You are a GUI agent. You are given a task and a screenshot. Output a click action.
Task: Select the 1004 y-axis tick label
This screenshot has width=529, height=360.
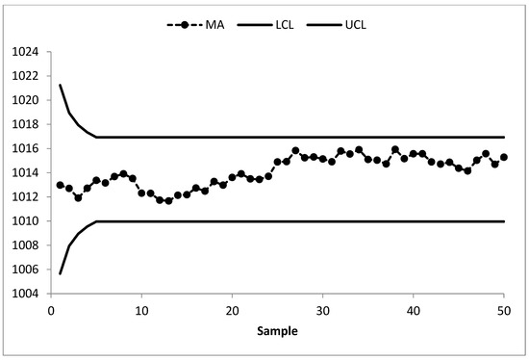click(28, 294)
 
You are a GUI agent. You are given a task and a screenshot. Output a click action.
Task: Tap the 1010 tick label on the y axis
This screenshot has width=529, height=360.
click(28, 221)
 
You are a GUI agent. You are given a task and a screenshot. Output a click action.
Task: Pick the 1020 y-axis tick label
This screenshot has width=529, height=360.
click(28, 100)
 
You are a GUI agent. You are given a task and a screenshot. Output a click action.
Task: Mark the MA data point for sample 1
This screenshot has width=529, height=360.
click(60, 185)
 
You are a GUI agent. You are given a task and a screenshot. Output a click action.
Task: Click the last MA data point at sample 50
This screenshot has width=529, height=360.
click(503, 157)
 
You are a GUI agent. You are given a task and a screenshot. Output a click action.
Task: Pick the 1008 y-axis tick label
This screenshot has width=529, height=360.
click(28, 245)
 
